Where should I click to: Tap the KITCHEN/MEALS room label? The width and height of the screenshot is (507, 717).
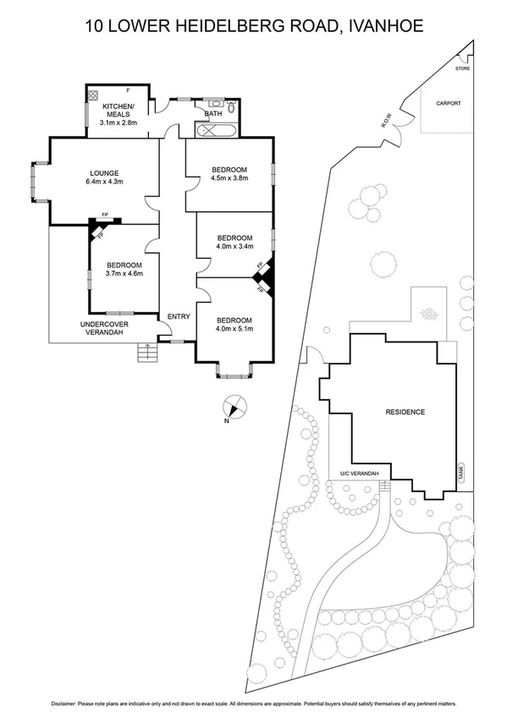(119, 112)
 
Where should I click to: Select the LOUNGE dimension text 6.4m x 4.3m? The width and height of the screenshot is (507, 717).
(104, 182)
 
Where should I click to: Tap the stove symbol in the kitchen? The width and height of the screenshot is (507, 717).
(94, 96)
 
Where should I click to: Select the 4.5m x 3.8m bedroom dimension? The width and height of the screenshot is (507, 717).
(229, 178)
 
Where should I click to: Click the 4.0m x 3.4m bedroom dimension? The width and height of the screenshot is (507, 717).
(235, 247)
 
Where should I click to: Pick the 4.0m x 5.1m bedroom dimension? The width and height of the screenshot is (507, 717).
(234, 329)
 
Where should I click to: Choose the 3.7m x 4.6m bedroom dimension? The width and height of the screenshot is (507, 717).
(124, 273)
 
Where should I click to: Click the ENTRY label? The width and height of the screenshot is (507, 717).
(179, 317)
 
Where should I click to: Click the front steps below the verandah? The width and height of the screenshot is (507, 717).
(148, 353)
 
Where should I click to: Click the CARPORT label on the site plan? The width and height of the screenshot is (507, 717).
(449, 103)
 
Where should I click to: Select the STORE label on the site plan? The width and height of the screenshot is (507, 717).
(462, 68)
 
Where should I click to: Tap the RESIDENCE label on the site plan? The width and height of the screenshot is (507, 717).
(405, 412)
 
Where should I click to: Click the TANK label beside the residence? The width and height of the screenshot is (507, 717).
(461, 473)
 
